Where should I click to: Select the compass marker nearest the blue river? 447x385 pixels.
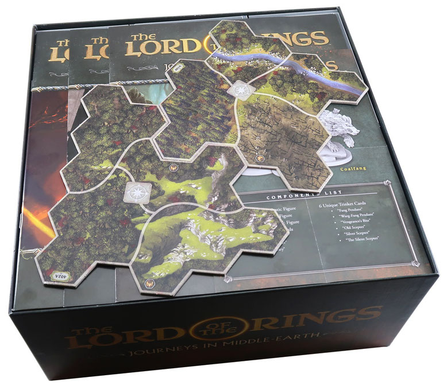tap(236, 90)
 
